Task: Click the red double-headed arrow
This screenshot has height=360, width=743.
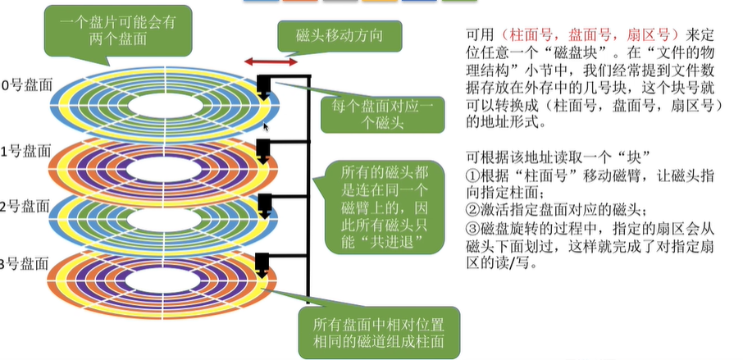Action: click(x=271, y=62)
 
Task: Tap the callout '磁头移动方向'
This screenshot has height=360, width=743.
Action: click(x=338, y=36)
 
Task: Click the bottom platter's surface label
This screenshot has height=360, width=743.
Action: click(x=25, y=263)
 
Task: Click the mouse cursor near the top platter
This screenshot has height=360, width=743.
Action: click(x=266, y=125)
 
